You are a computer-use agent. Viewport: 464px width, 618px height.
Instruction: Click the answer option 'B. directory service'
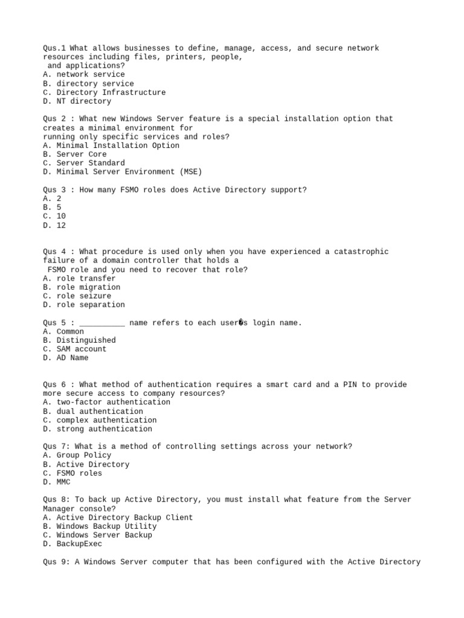88,83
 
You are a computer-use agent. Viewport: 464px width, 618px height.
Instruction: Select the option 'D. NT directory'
77,101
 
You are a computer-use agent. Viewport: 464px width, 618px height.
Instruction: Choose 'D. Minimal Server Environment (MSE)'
122,172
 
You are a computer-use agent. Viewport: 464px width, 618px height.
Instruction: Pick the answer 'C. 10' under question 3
54,216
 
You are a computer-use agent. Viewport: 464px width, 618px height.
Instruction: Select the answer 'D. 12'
54,225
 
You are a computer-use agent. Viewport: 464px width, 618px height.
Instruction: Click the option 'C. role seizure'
77,296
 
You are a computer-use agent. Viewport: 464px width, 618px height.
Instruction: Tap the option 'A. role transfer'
79,278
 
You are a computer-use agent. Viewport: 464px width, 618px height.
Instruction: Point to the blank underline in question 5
101,323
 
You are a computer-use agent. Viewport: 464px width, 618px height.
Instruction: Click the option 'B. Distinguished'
79,340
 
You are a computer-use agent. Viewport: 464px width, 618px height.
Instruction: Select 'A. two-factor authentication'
106,402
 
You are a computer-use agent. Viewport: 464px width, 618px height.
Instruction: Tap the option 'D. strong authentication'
97,429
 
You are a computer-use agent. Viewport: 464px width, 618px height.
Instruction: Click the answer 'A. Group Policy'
77,455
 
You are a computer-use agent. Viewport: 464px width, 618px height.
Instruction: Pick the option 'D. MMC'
56,482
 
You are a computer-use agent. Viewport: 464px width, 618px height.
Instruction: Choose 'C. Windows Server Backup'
97,535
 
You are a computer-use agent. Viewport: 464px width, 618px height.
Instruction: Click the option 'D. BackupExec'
72,544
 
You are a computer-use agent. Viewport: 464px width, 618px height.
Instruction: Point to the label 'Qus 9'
54,562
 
